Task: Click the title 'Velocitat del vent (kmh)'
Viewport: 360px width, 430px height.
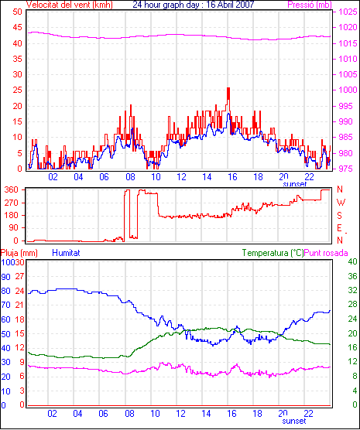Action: (x=69, y=5)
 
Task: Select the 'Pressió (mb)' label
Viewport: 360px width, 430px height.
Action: (x=310, y=5)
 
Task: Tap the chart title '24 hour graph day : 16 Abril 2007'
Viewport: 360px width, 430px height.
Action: (x=194, y=5)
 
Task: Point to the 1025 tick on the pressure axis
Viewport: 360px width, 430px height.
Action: (x=348, y=12)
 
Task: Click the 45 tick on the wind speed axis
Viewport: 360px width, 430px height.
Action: (x=17, y=27)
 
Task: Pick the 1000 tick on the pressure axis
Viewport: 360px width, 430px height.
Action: (x=348, y=90)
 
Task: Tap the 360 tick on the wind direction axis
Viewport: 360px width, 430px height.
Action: (x=12, y=189)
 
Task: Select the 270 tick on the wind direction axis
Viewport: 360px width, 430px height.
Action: (x=12, y=203)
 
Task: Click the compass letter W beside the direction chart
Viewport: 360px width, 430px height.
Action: (x=341, y=203)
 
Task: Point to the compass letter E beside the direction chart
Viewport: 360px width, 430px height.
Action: (x=339, y=228)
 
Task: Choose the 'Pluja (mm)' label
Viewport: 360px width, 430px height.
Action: (x=19, y=253)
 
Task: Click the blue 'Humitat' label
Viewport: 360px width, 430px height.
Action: (x=66, y=253)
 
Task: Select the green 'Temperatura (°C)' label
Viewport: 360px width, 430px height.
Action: (x=273, y=253)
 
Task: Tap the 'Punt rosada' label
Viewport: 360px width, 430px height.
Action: (x=326, y=253)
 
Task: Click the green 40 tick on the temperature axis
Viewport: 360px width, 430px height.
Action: (x=352, y=261)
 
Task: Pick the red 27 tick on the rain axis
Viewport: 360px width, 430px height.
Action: (x=20, y=276)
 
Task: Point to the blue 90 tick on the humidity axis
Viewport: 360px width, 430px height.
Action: (x=5, y=277)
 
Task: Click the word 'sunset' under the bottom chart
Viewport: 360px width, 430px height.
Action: (x=294, y=421)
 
